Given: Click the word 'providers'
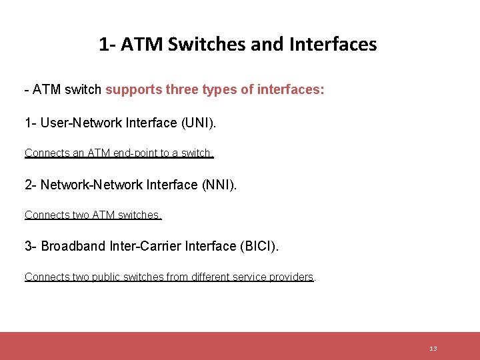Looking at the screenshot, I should point(291,277).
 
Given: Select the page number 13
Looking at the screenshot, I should point(433,349).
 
